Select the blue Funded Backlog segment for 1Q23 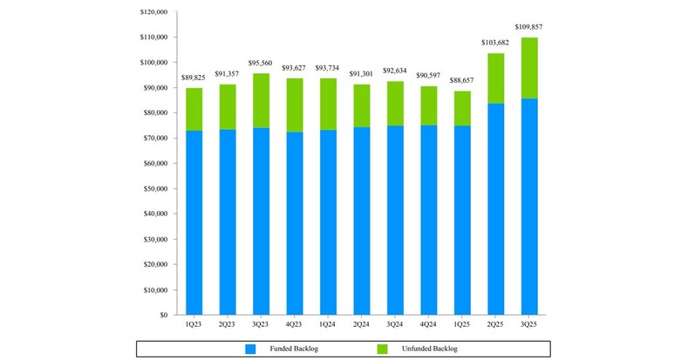[x=193, y=222]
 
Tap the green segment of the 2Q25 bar [x=495, y=78]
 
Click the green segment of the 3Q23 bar [x=260, y=100]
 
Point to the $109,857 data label [x=529, y=28]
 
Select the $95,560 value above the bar [x=260, y=64]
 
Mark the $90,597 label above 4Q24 [x=428, y=77]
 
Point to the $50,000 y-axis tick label [x=155, y=188]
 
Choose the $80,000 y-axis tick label [x=155, y=113]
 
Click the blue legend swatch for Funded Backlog [x=251, y=349]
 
